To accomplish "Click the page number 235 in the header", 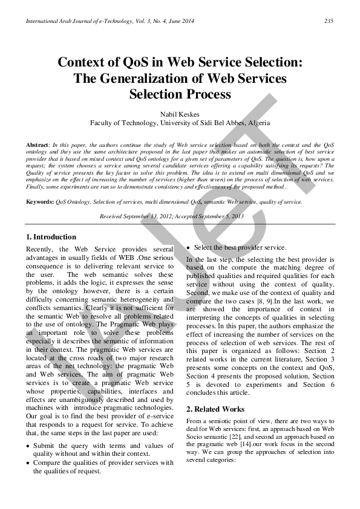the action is tap(329, 22).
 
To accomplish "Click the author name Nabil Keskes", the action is tap(180, 113).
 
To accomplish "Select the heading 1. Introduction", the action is tap(51, 237).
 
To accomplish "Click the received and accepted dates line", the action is tap(180, 216).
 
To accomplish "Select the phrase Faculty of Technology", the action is tap(123, 123).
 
